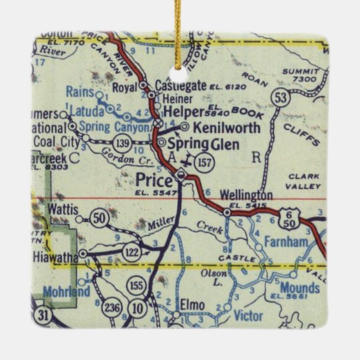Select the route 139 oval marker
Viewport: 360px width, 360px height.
coord(122,143)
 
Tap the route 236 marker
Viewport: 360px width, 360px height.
coord(111,309)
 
